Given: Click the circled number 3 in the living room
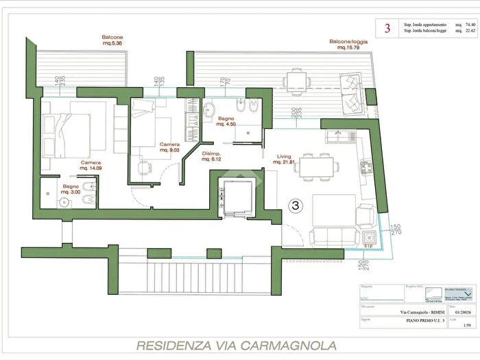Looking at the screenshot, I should [x=296, y=205].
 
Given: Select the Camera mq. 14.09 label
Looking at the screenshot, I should [x=91, y=165].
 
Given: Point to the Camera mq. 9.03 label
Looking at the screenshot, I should [x=170, y=147].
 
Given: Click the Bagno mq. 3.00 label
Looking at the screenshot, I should [x=71, y=189].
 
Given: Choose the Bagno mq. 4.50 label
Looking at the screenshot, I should [x=227, y=121].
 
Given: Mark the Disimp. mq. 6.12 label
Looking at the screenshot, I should [x=212, y=156].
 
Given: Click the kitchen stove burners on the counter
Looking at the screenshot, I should [x=365, y=165].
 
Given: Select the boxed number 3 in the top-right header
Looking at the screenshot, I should [x=387, y=28].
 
